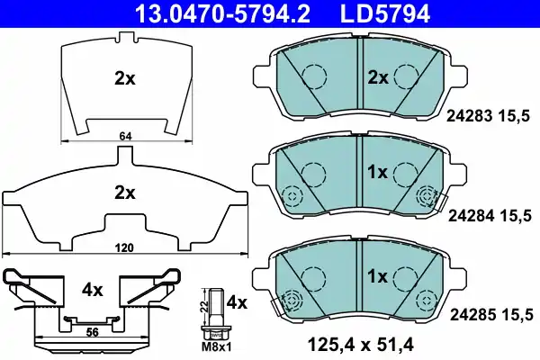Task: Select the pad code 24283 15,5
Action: (490, 115)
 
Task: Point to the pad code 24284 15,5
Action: (490, 214)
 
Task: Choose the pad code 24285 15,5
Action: (490, 313)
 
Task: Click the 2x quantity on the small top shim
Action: (124, 78)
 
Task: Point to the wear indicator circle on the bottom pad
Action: (291, 301)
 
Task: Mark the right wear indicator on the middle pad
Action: (429, 195)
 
